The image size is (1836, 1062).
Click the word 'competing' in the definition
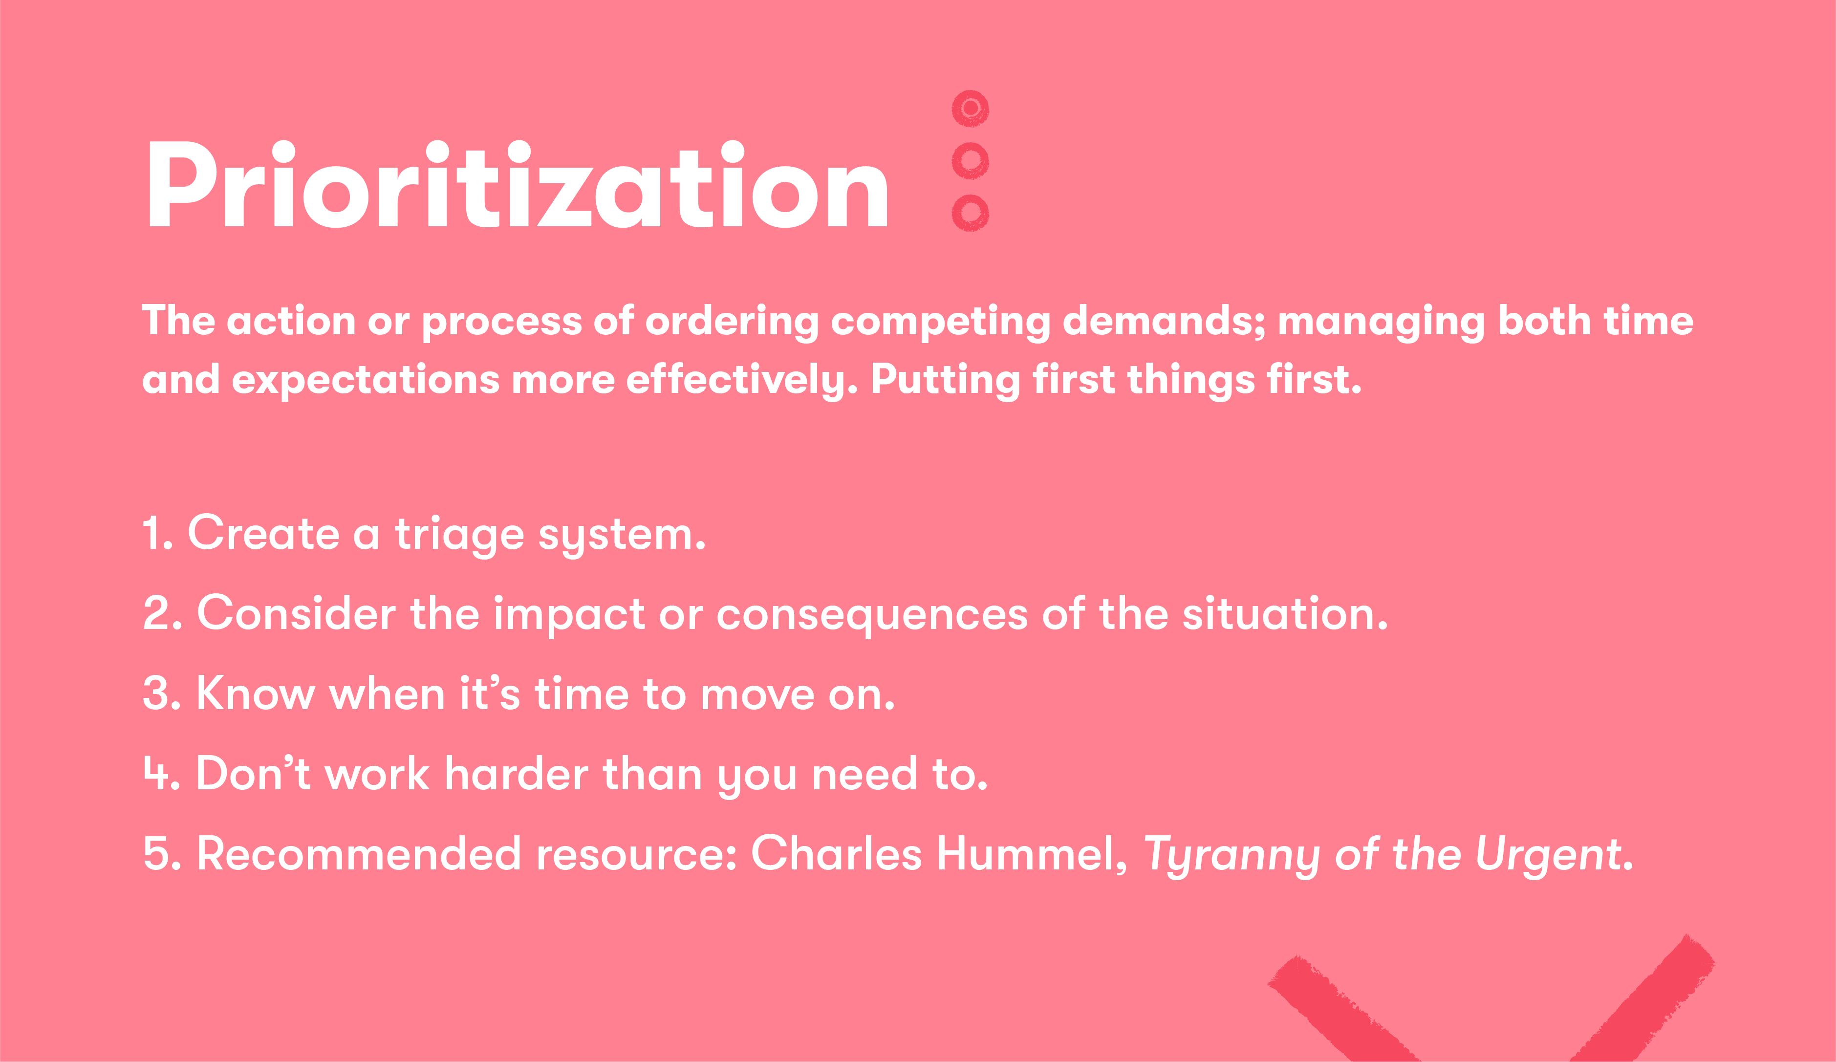pos(940,322)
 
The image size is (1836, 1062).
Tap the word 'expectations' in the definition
pos(365,380)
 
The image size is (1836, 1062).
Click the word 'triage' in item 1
pos(459,535)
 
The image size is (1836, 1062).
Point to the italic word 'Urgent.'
pos(1554,855)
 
